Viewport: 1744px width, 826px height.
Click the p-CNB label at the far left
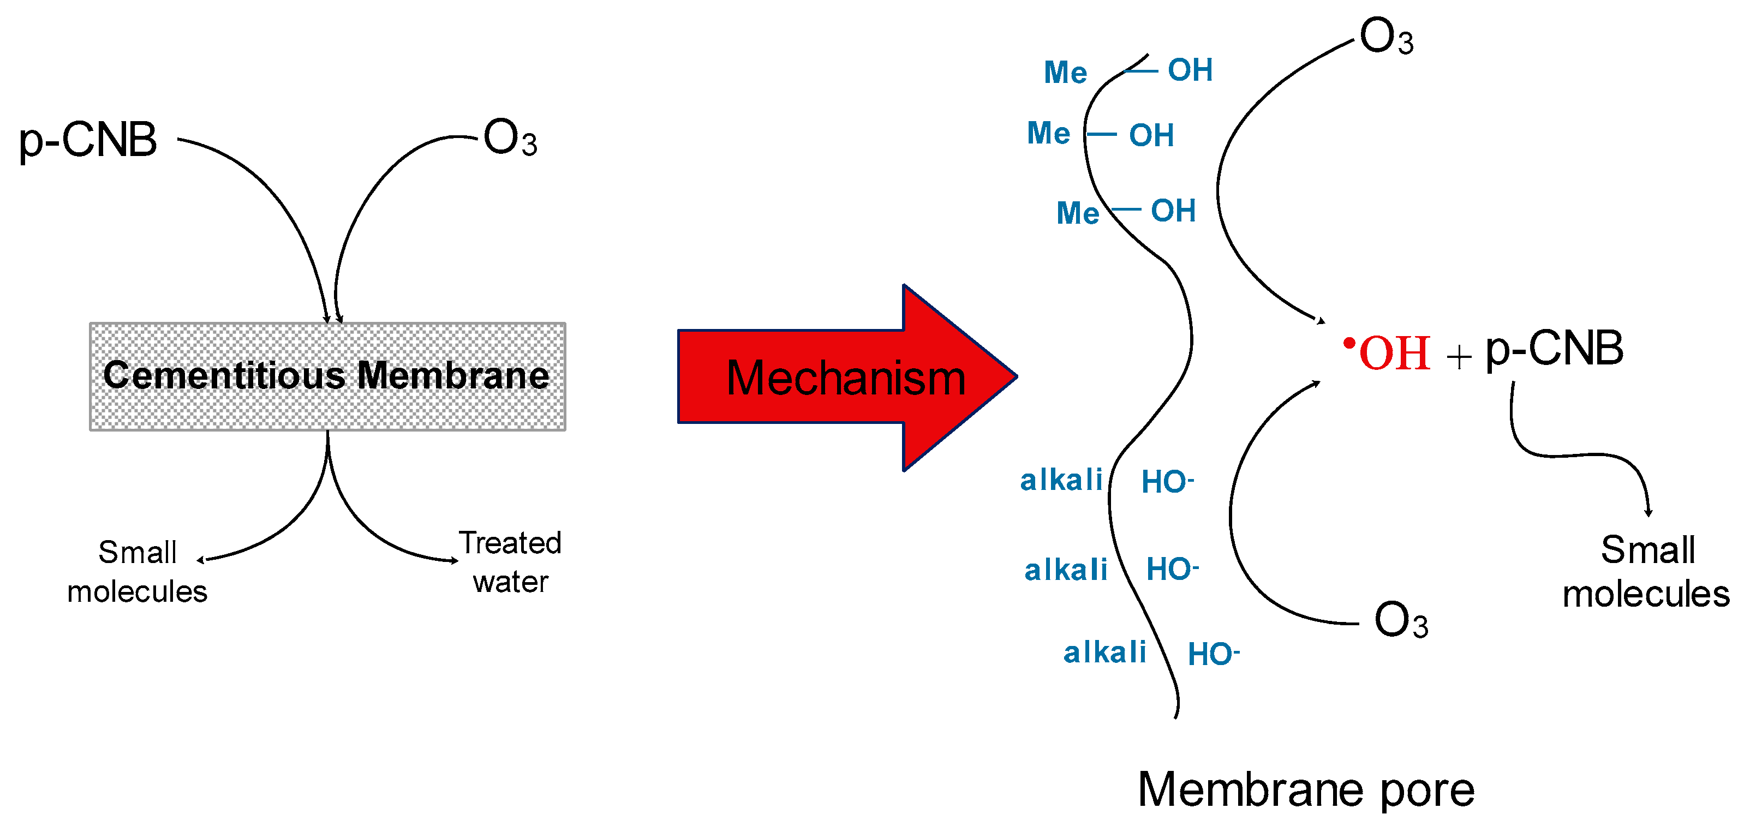(88, 141)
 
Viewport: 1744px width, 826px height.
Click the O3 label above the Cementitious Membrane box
(510, 138)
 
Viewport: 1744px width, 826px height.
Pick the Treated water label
(510, 562)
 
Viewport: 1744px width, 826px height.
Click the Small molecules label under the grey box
(138, 571)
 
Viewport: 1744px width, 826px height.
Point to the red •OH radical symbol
(1389, 353)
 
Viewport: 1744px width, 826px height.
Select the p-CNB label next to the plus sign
(1555, 349)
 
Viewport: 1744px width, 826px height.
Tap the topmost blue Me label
(1065, 73)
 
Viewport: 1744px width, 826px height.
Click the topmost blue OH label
(1190, 70)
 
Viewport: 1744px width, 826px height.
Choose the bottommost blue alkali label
(1105, 653)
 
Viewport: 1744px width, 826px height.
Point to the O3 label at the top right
(1387, 37)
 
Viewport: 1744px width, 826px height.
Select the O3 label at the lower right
(1401, 620)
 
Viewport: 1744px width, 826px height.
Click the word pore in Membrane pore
(1427, 790)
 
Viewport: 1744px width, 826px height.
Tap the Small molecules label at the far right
(1646, 572)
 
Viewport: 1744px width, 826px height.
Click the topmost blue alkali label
(1061, 480)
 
